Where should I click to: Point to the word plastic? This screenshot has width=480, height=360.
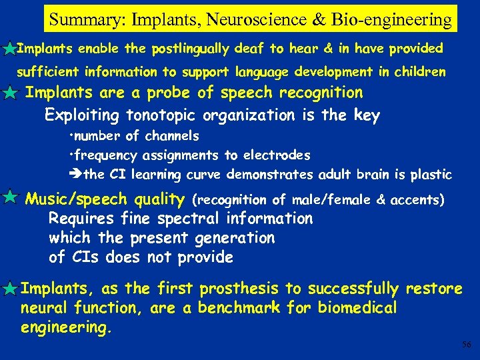431,175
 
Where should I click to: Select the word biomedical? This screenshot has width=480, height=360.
357,307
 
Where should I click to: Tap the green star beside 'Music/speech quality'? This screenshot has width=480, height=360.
10,197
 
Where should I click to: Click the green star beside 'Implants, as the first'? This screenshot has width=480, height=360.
9,289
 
